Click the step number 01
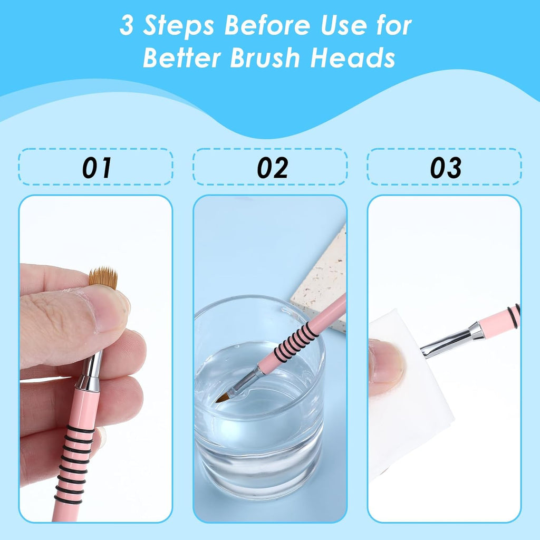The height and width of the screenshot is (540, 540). click(97, 168)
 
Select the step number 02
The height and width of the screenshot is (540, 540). click(272, 168)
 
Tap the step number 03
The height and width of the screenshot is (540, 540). click(445, 168)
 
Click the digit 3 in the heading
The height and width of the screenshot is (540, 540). click(127, 26)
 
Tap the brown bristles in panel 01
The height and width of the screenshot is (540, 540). click(103, 277)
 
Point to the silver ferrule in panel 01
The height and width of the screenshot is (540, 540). click(91, 372)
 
